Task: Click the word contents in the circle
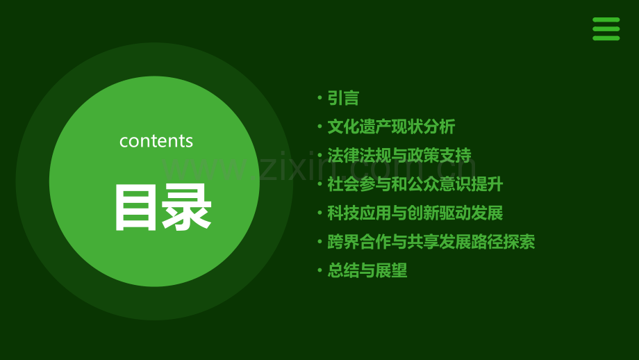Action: point(156,141)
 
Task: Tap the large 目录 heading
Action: point(163,208)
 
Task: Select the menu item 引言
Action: point(343,98)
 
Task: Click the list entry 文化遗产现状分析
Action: point(391,126)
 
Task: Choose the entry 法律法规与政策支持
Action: point(399,156)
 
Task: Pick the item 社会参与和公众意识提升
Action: point(415,184)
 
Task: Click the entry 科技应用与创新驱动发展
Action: point(415,213)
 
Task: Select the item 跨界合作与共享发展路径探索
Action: point(431,242)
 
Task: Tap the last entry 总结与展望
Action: point(367,270)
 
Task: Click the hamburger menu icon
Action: point(606,29)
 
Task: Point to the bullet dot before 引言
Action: point(320,98)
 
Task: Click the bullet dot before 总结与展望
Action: point(320,270)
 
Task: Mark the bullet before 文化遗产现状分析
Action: point(320,126)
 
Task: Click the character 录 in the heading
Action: point(187,208)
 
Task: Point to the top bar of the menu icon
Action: point(606,19)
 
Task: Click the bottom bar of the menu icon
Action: point(606,38)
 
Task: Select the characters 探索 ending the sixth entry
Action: point(520,242)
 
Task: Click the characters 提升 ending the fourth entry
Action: point(488,184)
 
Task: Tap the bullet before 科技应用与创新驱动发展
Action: point(320,213)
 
